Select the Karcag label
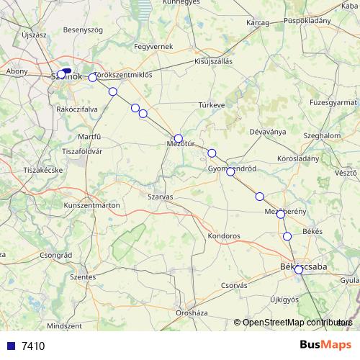click(x=257, y=23)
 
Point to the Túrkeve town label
click(x=212, y=105)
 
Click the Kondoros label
click(x=223, y=235)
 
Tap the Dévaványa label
click(x=267, y=132)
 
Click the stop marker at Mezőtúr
click(x=179, y=138)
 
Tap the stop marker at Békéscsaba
click(x=298, y=269)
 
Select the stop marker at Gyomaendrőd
click(x=230, y=171)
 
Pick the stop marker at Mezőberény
click(x=281, y=214)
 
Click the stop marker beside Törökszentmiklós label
click(x=92, y=78)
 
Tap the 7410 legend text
click(x=33, y=346)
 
